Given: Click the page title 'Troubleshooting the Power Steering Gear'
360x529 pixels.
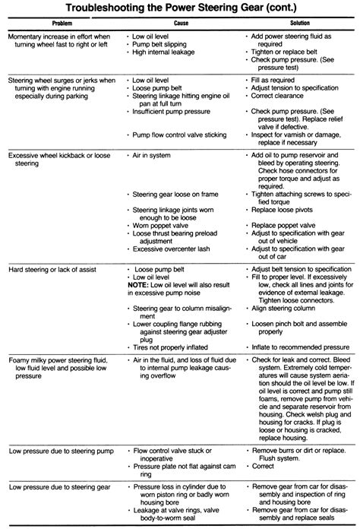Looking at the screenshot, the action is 180,8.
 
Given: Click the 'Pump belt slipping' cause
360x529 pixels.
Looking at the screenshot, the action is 160,44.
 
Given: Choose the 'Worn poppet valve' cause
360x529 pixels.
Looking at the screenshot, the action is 163,225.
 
